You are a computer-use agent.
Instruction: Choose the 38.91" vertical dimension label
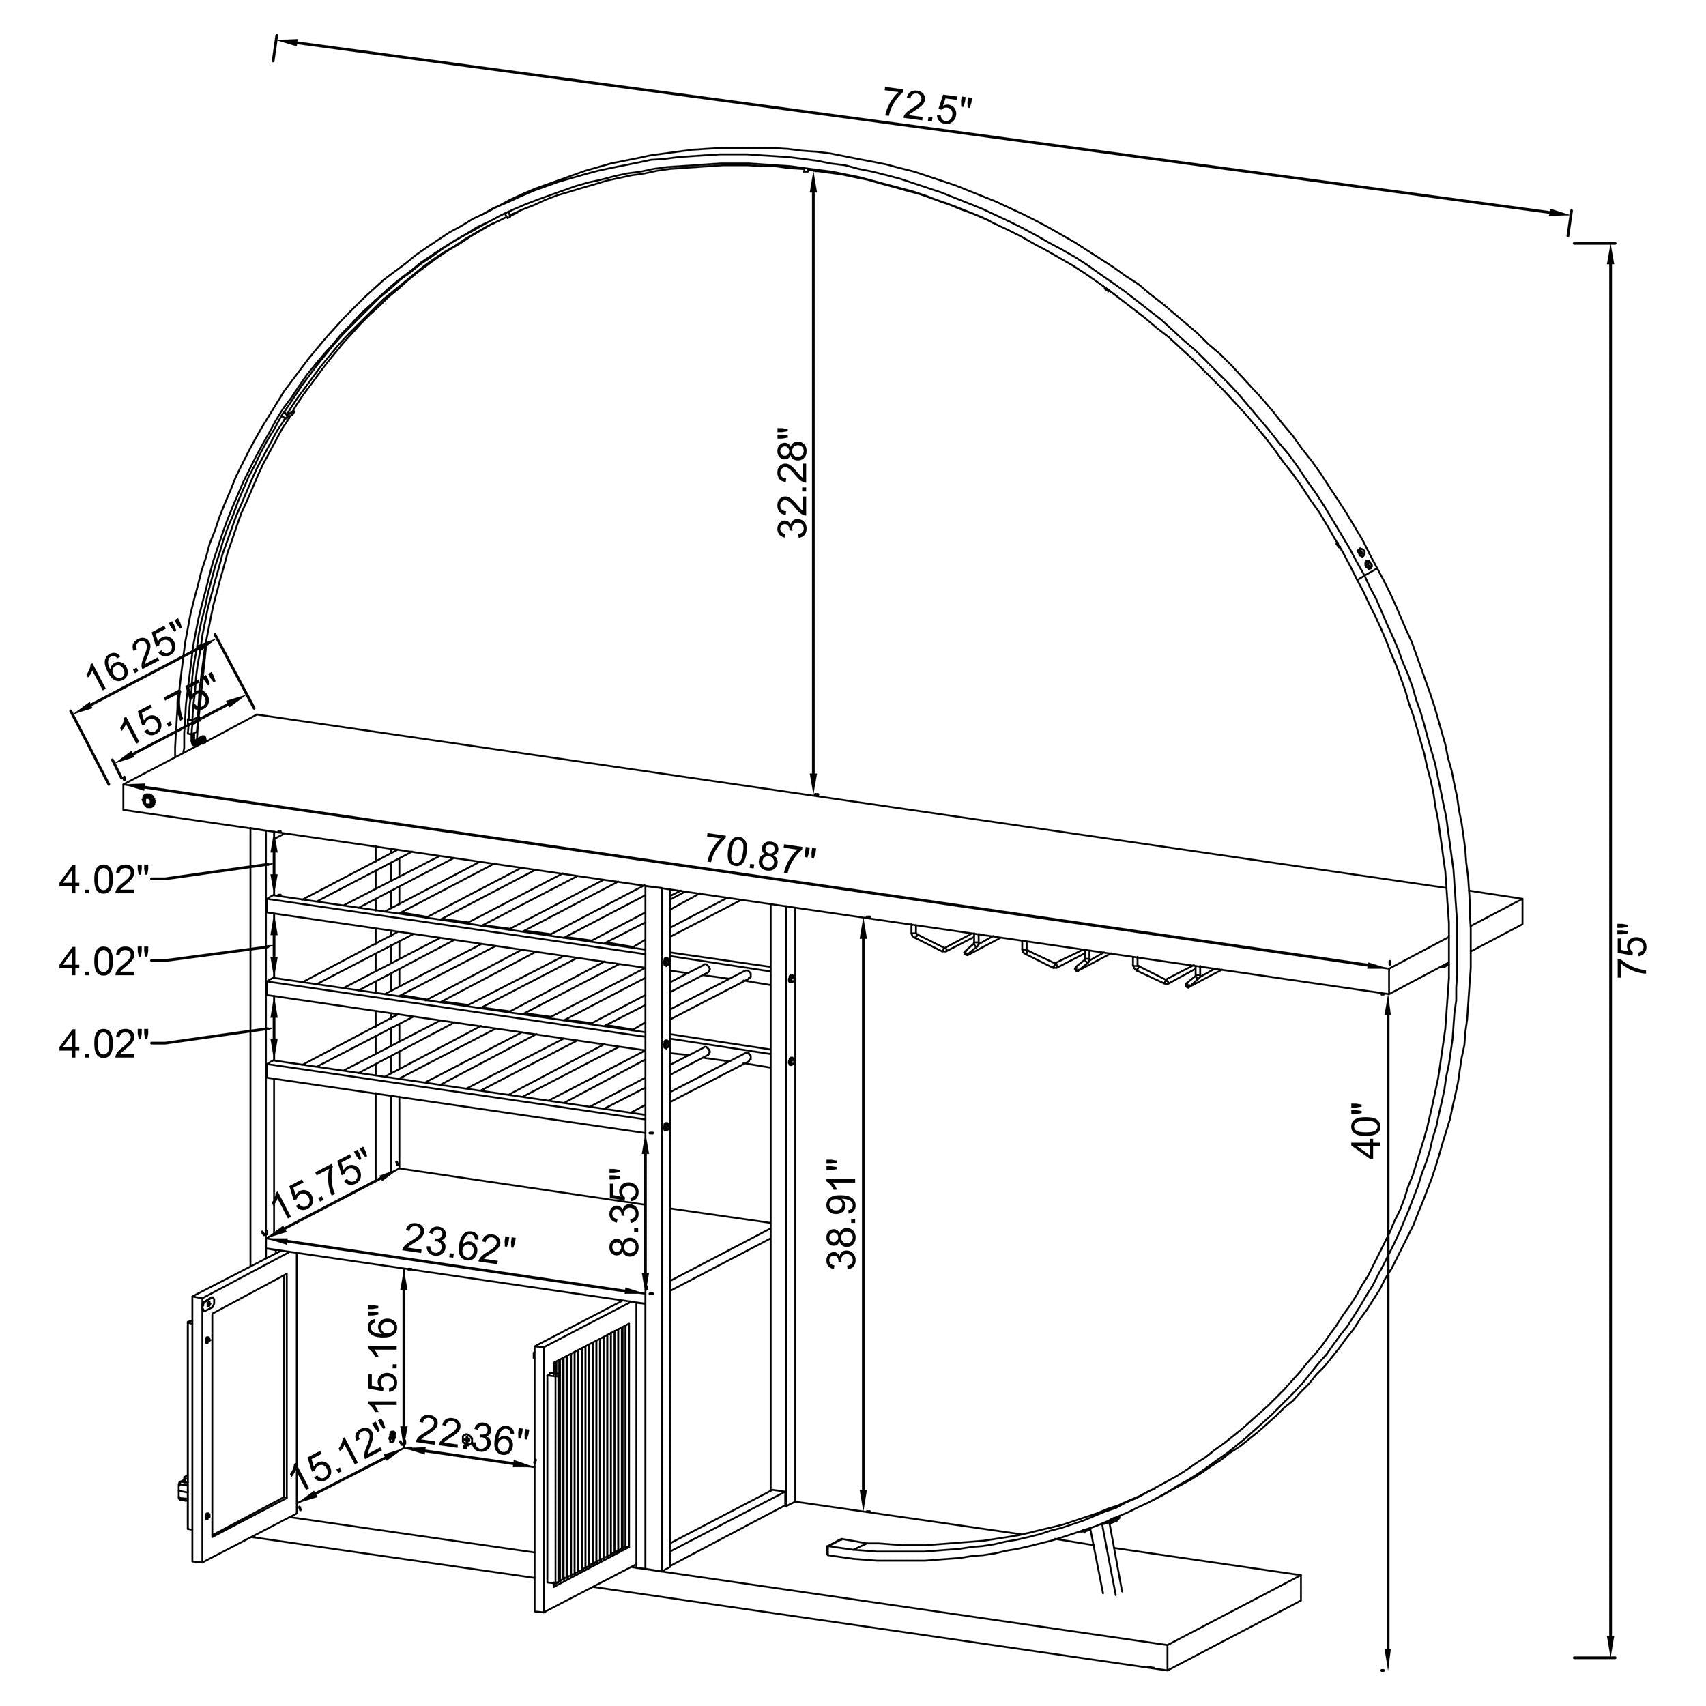[x=842, y=1222]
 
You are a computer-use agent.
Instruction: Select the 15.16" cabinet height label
[x=385, y=1361]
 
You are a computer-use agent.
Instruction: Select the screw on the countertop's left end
[x=148, y=801]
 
